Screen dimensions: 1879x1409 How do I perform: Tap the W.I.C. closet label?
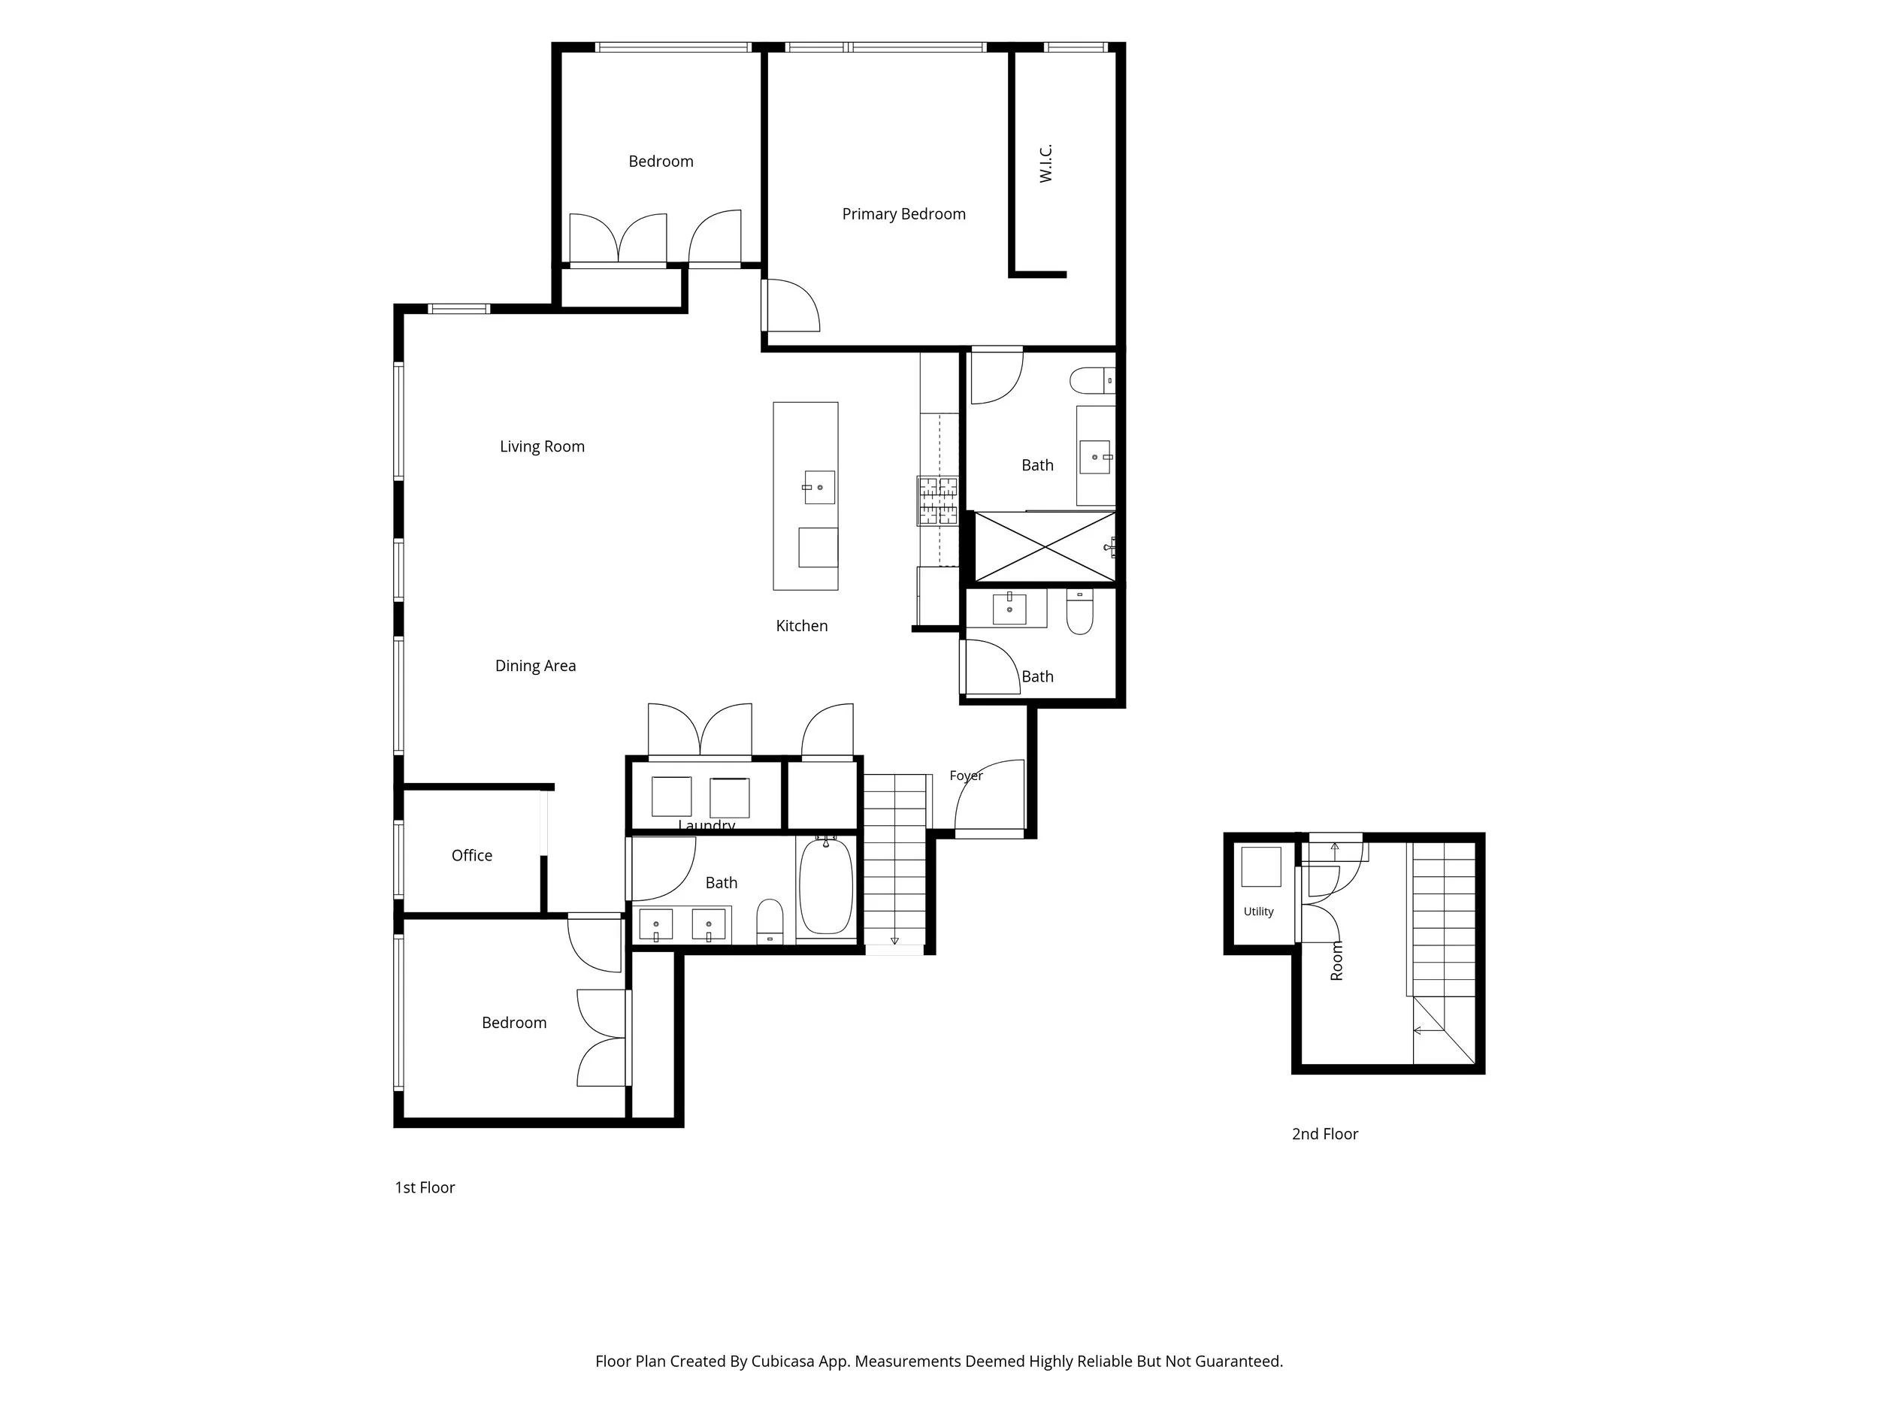pos(1045,163)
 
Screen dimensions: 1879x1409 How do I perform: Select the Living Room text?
pos(542,446)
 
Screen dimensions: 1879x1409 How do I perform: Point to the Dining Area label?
pos(535,666)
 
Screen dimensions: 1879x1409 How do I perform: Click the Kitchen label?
pos(801,626)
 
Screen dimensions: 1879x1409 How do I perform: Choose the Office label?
pos(471,855)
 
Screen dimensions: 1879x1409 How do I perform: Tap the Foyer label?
pos(966,776)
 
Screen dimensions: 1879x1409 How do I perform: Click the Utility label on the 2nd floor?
pos(1258,912)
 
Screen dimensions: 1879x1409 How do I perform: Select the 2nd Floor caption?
pos(1324,1134)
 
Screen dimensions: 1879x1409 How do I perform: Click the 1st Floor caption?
pos(425,1187)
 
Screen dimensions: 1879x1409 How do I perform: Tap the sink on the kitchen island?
pos(819,488)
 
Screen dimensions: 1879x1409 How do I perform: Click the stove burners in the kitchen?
pos(938,500)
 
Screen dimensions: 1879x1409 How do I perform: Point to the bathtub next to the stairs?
pos(826,886)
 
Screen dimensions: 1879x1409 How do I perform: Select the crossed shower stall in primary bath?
pos(1044,546)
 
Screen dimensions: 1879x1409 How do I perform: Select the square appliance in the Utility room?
pos(1260,866)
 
